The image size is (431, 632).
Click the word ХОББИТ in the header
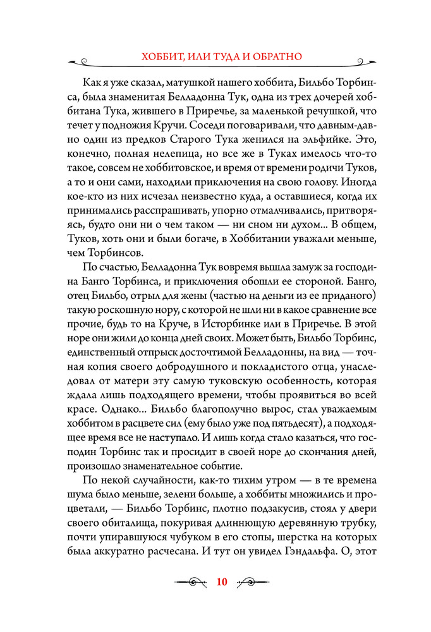pyautogui.click(x=162, y=57)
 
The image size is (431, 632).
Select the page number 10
pyautogui.click(x=221, y=582)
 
